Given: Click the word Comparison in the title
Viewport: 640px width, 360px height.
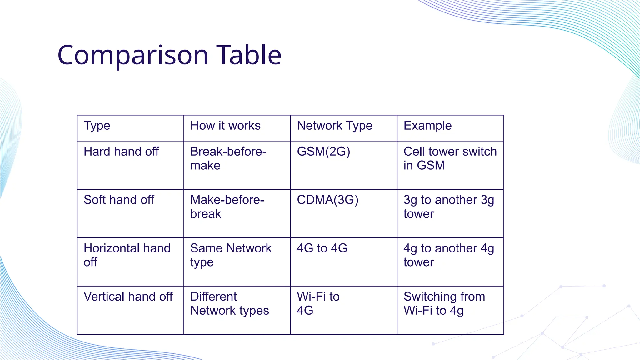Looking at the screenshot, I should (133, 55).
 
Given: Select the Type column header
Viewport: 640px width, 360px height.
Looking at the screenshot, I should (97, 126).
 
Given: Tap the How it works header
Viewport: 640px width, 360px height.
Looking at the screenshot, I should (225, 126).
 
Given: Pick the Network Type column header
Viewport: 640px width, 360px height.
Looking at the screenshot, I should (335, 126).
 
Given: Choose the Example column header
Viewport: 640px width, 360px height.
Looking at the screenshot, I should (427, 126).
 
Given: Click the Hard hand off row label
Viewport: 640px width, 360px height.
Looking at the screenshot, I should (121, 152).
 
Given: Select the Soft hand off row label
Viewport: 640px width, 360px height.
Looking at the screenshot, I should (119, 200).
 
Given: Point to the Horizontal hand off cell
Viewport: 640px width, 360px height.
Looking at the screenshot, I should (127, 255).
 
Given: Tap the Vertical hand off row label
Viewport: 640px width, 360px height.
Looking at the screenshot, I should (128, 297).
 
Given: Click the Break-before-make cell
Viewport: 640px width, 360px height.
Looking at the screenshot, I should (228, 158).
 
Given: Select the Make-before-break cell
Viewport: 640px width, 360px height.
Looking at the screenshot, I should (227, 207).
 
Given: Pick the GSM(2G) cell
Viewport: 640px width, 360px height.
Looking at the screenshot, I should (323, 152).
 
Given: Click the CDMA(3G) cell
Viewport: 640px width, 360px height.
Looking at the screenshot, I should (327, 200).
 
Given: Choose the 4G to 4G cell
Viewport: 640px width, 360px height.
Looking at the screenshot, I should (322, 248).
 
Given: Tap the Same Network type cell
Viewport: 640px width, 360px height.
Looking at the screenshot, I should (231, 255).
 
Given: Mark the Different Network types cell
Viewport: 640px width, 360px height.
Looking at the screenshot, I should (229, 303).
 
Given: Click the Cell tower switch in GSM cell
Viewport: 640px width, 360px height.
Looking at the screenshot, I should (450, 158).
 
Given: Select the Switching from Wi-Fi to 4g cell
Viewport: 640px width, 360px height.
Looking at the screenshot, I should (444, 303).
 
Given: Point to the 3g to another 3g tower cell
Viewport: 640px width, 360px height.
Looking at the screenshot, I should (449, 207).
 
